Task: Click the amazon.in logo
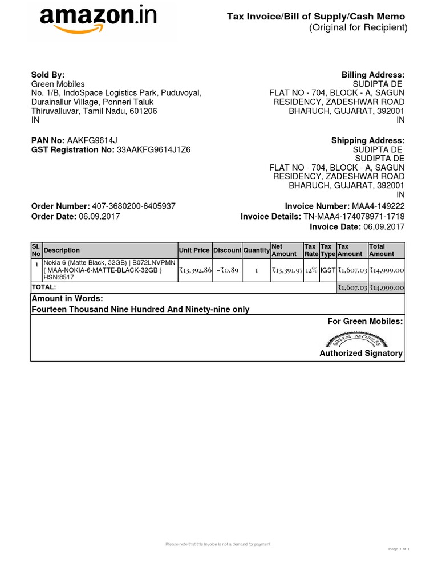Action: (x=98, y=20)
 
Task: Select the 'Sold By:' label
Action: (x=48, y=75)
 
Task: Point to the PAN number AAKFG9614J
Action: (x=92, y=140)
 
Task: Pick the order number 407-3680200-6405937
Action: (x=133, y=206)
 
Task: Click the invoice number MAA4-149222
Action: (x=378, y=206)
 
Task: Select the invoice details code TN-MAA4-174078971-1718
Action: (x=354, y=216)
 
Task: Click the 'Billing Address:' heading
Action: (x=373, y=75)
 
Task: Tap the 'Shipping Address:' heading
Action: (x=368, y=140)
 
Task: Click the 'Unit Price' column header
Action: (x=194, y=250)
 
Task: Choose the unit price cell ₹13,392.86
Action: (x=195, y=270)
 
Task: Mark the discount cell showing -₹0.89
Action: (x=227, y=270)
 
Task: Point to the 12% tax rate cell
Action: (x=311, y=270)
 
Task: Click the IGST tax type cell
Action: (x=328, y=270)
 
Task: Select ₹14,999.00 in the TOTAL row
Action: (x=386, y=288)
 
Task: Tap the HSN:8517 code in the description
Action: (x=55, y=278)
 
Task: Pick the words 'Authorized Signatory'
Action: (x=360, y=353)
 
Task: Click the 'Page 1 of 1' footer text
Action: (x=399, y=549)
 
